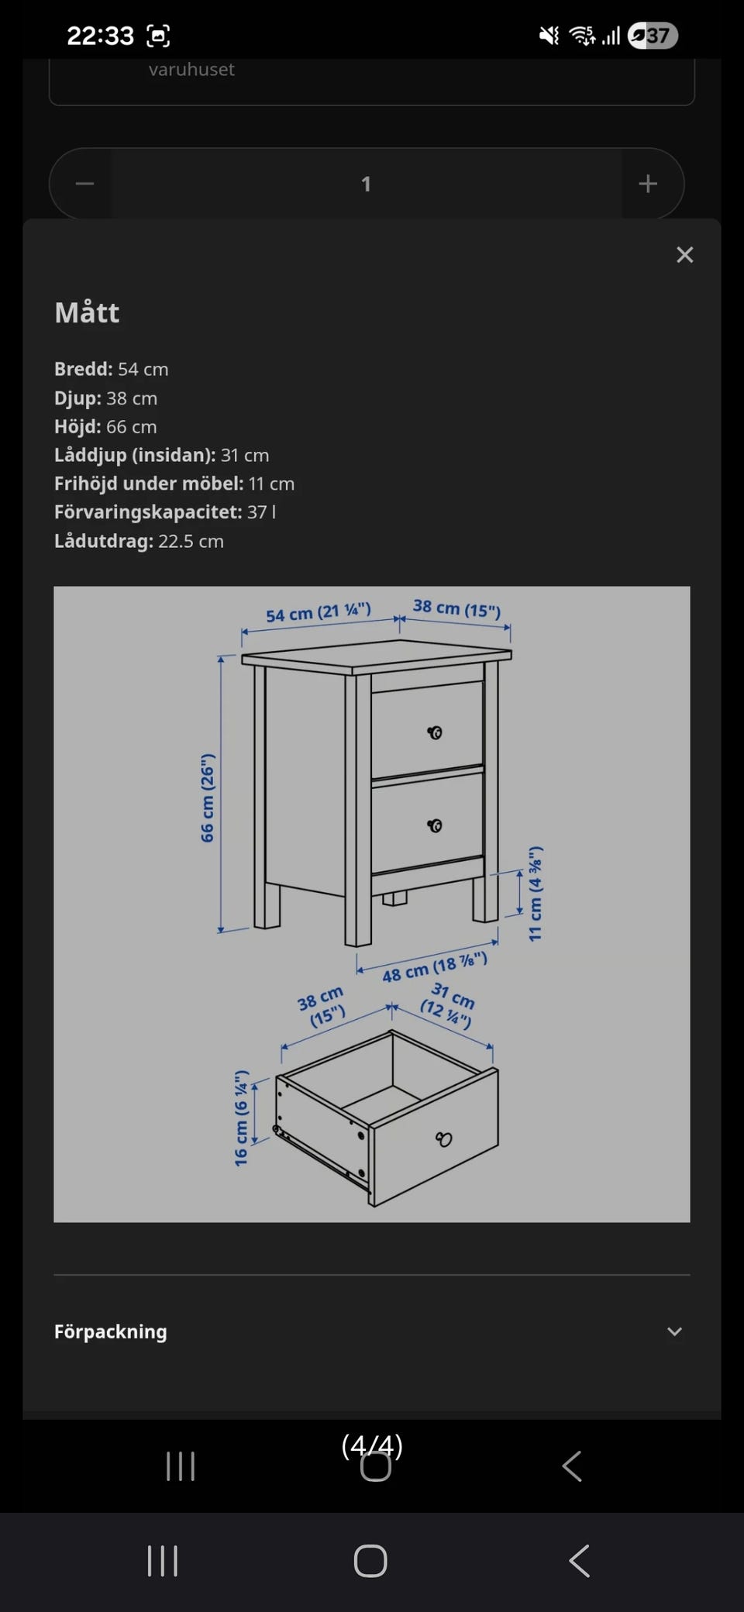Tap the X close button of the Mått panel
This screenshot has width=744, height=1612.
click(x=684, y=255)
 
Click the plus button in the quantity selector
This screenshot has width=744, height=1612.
click(x=648, y=184)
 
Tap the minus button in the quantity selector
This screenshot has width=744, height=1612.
click(x=85, y=184)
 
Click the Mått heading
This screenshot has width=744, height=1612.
click(x=87, y=312)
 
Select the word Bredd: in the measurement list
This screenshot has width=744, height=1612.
click(x=84, y=369)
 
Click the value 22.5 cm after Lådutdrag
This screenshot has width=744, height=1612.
click(x=191, y=541)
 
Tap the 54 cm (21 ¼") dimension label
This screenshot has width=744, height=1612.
click(x=319, y=612)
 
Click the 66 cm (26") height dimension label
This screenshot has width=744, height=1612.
click(x=207, y=797)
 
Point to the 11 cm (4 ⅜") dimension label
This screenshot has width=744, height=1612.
click(x=535, y=894)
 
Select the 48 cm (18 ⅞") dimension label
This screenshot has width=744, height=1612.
click(x=435, y=967)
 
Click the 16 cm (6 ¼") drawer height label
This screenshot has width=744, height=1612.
click(x=241, y=1118)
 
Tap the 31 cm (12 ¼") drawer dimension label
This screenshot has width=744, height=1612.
click(x=448, y=1004)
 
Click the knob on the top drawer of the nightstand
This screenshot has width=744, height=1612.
click(x=435, y=732)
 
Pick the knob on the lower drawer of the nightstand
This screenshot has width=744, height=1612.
click(x=435, y=825)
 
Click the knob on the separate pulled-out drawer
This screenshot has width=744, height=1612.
click(x=443, y=1139)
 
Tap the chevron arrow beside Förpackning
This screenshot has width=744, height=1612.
click(x=675, y=1331)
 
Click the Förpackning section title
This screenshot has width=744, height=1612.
click(x=111, y=1331)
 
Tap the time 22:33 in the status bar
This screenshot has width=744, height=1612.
click(x=101, y=36)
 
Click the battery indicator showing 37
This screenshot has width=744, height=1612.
click(x=653, y=36)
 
